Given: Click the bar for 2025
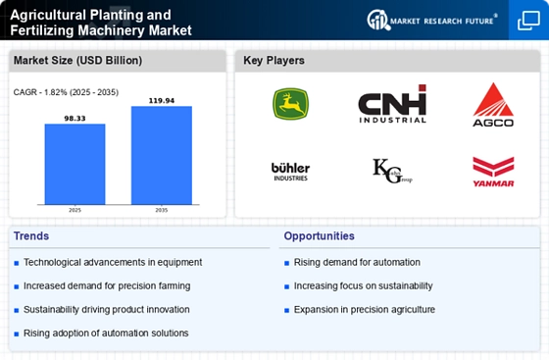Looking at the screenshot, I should tap(75, 164).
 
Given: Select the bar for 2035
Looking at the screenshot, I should tap(161, 155).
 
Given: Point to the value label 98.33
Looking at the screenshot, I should tap(75, 117).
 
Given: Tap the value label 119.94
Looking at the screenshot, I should tap(161, 99).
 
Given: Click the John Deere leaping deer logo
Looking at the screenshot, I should tap(290, 103).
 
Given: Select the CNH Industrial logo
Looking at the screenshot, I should tap(392, 103).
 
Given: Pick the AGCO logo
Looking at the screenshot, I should tap(493, 103).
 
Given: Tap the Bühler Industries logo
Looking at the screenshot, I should tap(290, 171).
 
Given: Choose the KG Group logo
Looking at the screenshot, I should tap(392, 171).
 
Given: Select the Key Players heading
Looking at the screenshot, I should tap(274, 61).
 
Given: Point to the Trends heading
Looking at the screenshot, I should tap(31, 236).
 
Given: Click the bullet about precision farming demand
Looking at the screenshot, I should tap(107, 285).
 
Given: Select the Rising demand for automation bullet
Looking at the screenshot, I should tap(357, 262).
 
